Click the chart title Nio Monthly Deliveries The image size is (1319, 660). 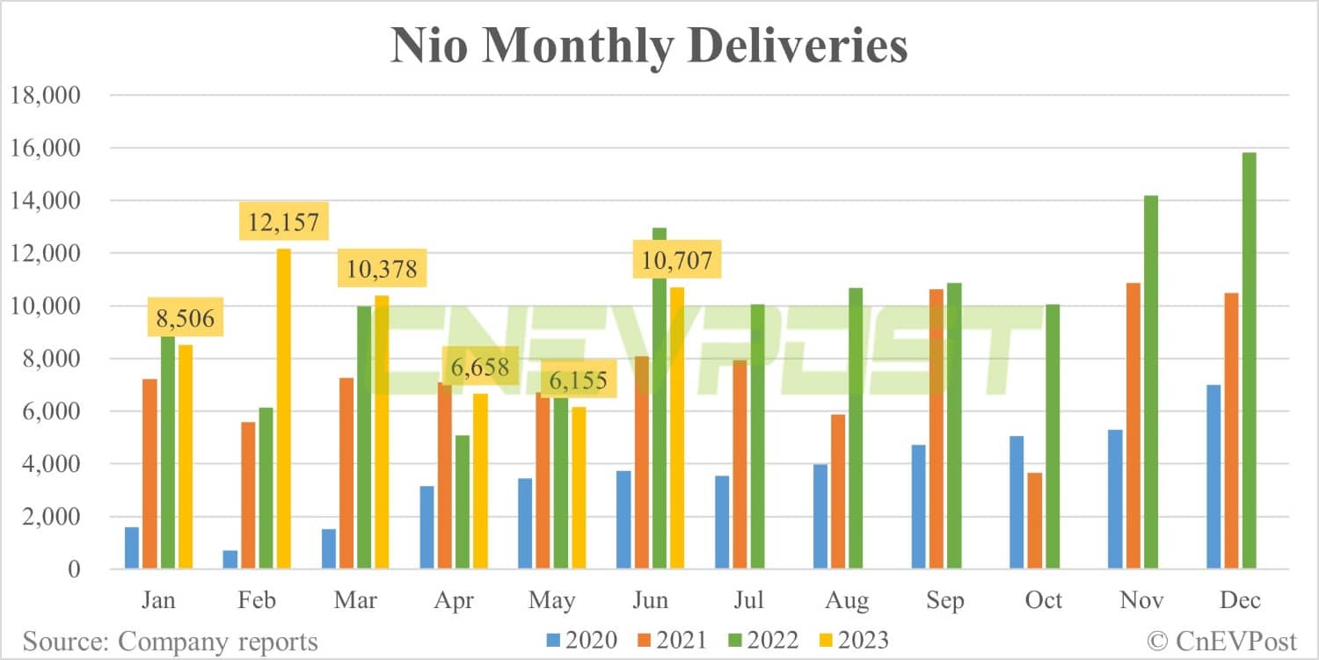(x=649, y=46)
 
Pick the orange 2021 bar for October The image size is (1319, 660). (x=1034, y=520)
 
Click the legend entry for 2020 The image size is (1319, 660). (x=581, y=640)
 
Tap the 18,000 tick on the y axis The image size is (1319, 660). (x=45, y=96)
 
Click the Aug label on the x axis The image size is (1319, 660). (x=847, y=600)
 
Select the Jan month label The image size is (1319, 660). (x=158, y=600)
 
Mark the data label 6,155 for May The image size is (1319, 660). (x=578, y=382)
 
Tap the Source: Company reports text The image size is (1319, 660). (x=171, y=641)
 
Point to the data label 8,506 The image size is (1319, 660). (x=185, y=317)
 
